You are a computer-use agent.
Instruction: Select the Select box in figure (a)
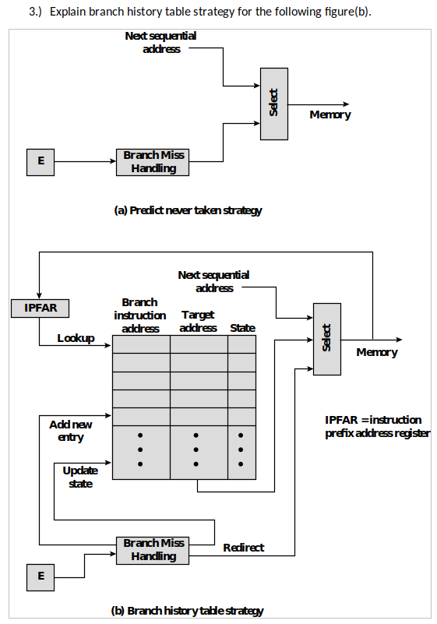274,104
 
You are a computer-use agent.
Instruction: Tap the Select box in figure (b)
326,337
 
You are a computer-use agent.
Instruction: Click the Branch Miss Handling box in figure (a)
153,162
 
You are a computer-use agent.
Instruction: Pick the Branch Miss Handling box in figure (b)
153,550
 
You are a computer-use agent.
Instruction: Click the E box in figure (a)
41,161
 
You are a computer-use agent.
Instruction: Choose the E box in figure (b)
41,576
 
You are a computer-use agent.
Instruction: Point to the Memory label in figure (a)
330,115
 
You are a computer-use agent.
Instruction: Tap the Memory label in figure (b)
377,353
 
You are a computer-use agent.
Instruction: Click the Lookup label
76,338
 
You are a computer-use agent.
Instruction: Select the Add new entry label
71,431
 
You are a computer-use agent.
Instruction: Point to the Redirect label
243,548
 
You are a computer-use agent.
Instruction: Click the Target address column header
198,322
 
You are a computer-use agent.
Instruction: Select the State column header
242,328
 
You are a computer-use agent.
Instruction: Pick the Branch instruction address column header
140,316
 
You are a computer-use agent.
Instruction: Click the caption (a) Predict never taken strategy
188,210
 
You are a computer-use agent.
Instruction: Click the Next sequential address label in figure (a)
161,43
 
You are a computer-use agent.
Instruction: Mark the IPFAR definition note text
377,426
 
